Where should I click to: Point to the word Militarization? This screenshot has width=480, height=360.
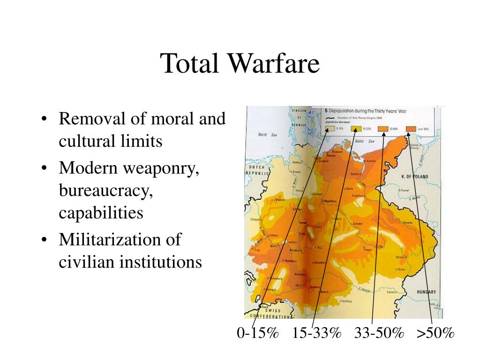110,240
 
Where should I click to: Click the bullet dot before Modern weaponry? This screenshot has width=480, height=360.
44,168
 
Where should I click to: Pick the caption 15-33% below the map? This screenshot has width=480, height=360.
316,333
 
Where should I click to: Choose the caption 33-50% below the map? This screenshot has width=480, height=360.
379,333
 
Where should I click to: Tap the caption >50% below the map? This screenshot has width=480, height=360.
436,333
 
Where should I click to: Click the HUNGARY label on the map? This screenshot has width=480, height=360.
426,292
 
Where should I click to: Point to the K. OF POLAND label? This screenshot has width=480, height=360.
415,177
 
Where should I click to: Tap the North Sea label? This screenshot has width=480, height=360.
268,135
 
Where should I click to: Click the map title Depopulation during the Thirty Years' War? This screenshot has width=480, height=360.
380,110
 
